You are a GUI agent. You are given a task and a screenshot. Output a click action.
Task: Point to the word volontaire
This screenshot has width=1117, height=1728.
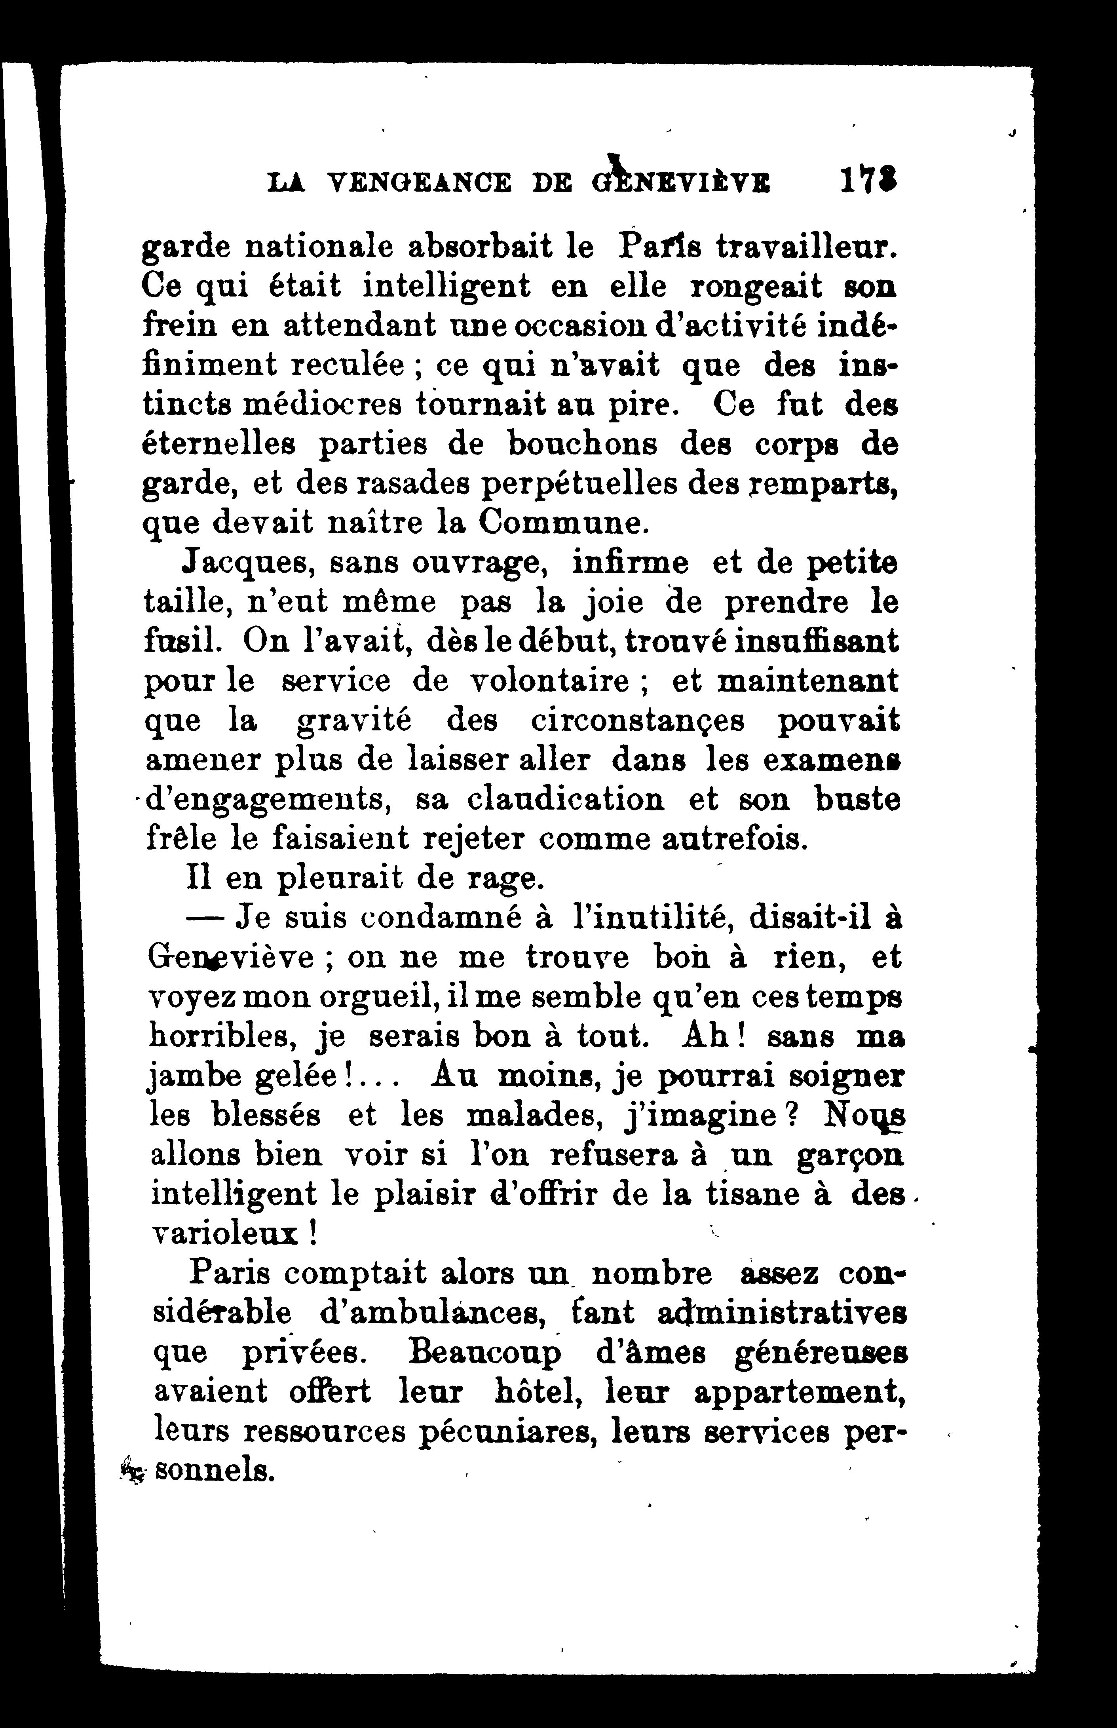[550, 681]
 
